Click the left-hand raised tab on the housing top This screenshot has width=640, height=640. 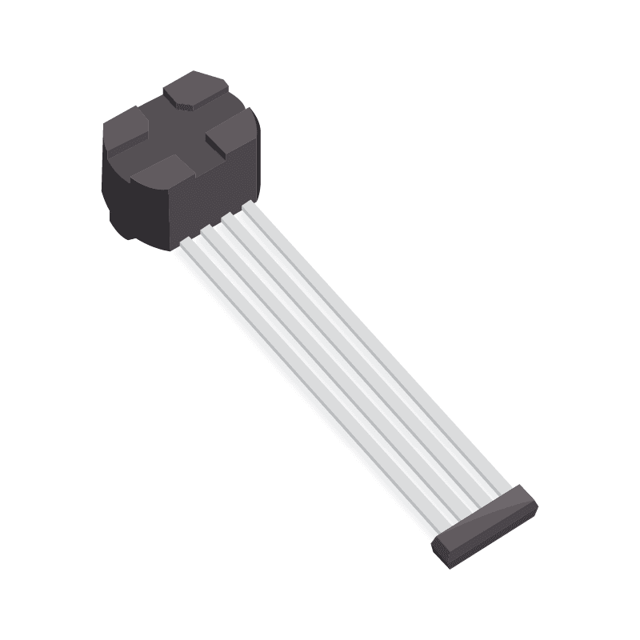(x=126, y=130)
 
